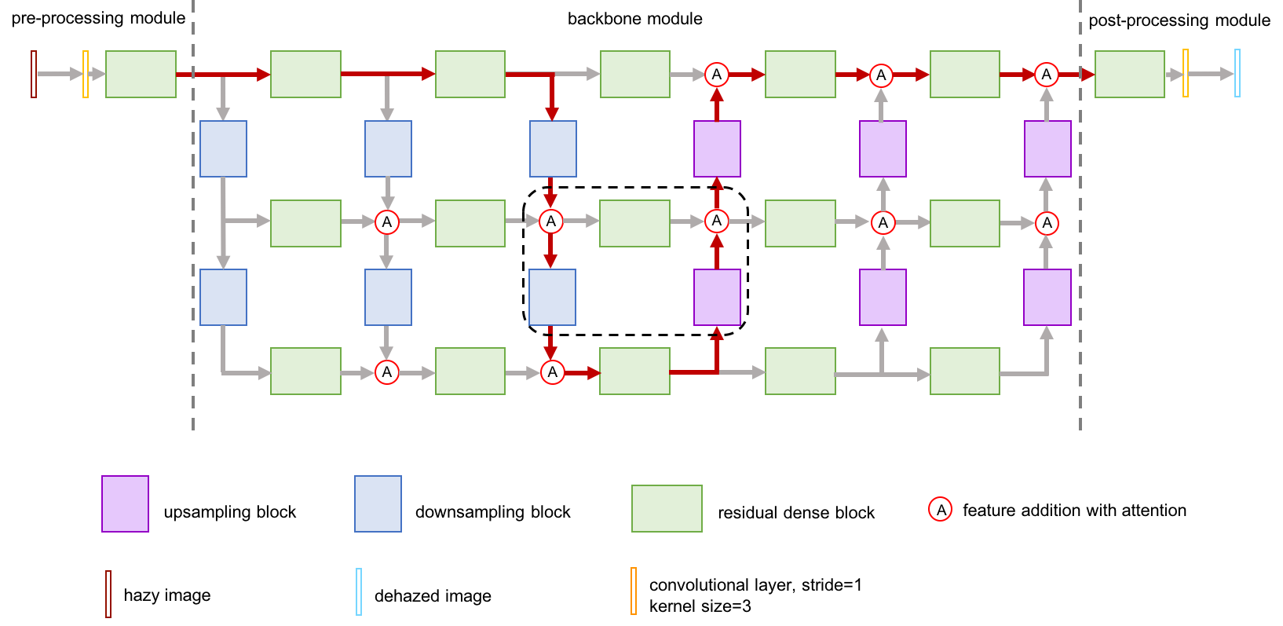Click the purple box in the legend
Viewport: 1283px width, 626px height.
125,503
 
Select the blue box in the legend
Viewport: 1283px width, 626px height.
378,503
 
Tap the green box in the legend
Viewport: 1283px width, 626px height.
667,508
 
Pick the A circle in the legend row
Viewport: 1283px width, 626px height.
940,509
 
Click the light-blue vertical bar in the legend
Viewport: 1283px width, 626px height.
359,591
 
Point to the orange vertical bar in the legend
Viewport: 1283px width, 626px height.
634,591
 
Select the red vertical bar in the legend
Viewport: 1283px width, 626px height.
108,594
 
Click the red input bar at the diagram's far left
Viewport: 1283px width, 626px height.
34,74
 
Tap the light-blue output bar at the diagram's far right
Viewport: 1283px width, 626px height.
1237,73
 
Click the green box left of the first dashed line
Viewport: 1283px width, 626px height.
141,74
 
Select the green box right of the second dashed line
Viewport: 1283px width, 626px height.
1129,74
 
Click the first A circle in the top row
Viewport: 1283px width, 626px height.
716,75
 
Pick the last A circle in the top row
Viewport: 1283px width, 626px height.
1046,75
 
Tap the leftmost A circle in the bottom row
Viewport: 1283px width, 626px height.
386,372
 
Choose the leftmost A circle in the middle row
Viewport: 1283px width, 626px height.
386,222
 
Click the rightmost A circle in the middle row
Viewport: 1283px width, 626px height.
1046,223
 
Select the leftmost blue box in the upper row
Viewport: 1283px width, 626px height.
223,148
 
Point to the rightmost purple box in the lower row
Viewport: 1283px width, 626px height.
1047,297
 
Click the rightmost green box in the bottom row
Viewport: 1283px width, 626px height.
964,371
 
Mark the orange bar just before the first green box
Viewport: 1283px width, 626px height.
86,74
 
